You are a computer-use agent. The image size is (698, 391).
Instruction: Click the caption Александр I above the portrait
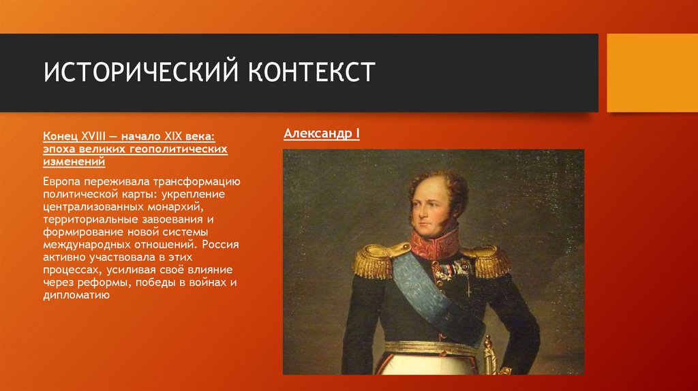pos(321,134)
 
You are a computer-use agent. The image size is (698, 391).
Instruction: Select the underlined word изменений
pos(74,162)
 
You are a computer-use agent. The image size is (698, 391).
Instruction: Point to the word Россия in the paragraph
pos(221,243)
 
